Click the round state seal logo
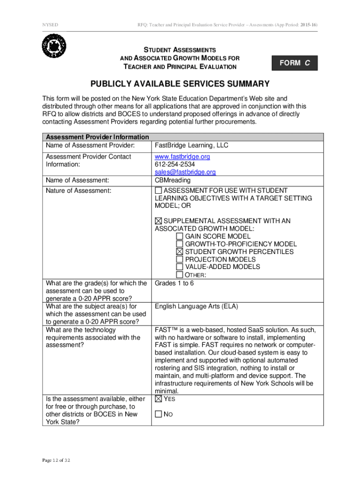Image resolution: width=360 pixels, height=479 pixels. point(54,46)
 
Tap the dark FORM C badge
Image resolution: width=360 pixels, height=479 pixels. point(295,63)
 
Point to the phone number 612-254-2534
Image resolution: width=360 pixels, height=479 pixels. point(175,165)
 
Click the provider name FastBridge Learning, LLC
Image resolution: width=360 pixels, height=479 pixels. point(192,145)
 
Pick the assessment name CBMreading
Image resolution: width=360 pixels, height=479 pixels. point(172,180)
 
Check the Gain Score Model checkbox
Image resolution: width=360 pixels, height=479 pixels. point(180,237)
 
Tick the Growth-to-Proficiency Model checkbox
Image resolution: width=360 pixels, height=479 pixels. point(180,244)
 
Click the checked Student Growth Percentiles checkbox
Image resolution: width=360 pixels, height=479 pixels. point(180,252)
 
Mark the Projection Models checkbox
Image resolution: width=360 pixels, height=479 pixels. point(180,259)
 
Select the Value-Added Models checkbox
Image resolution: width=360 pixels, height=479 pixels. point(180,267)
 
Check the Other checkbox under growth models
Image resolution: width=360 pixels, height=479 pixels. point(180,275)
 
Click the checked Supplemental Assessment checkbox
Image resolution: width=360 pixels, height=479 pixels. point(158,221)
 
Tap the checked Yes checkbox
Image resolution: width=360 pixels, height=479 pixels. point(158,399)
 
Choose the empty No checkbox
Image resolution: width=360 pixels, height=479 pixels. point(158,414)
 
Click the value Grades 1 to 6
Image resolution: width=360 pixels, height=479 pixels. point(174,283)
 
